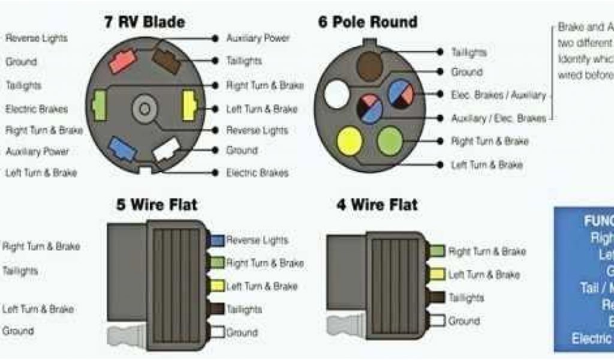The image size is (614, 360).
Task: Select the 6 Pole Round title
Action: pyautogui.click(x=368, y=23)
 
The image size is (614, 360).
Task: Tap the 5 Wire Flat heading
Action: pyautogui.click(x=156, y=205)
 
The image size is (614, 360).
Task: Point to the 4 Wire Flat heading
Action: pyautogui.click(x=377, y=205)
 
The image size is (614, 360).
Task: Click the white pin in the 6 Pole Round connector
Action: pyautogui.click(x=336, y=95)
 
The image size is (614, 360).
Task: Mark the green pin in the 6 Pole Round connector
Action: pyautogui.click(x=390, y=139)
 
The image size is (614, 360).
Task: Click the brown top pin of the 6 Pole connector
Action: pyautogui.click(x=370, y=63)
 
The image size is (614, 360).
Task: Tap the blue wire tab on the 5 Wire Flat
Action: pyautogui.click(x=216, y=241)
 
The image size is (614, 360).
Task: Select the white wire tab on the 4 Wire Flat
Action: pyautogui.click(x=438, y=321)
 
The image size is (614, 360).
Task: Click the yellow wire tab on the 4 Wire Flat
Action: pyautogui.click(x=438, y=274)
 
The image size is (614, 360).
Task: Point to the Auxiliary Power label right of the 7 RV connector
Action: pyautogui.click(x=258, y=38)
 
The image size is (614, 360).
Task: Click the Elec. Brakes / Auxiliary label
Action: pyautogui.click(x=498, y=95)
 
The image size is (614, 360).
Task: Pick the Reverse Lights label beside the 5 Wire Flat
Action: pyautogui.click(x=257, y=240)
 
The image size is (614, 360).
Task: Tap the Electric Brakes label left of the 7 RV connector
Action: pyautogui.click(x=37, y=109)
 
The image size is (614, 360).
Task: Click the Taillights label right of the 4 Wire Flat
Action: pyautogui.click(x=466, y=298)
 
